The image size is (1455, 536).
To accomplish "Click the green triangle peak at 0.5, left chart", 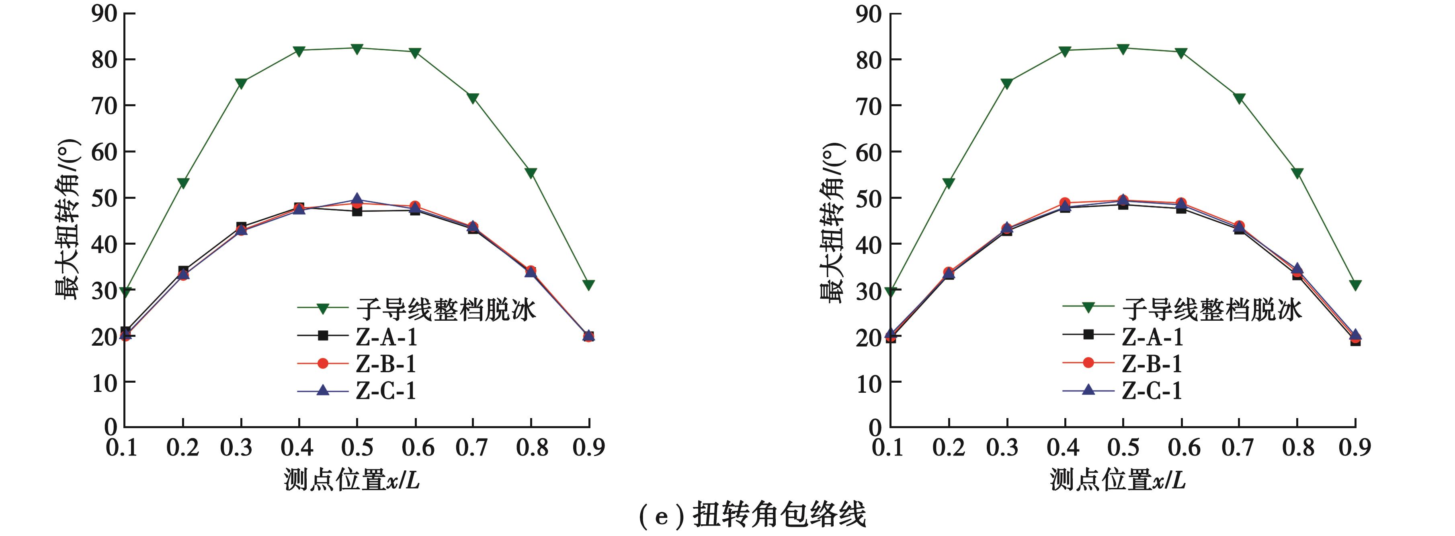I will pos(357,49).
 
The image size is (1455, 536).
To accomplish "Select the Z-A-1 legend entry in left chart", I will pos(386,337).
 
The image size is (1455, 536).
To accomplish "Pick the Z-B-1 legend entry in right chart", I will pos(1152,363).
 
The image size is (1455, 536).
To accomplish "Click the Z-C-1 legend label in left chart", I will pos(386,391).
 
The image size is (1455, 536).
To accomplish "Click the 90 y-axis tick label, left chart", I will pos(105,14).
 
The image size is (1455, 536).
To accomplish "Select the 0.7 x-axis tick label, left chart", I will pos(471,448).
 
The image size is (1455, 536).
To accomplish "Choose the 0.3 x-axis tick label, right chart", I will pos(1002,448).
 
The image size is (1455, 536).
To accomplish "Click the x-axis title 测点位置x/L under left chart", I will pos(352,480).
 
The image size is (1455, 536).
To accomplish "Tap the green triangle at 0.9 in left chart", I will pos(588,285).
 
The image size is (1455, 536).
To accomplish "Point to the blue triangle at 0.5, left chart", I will pos(357,199).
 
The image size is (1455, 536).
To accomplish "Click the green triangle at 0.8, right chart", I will pos(1297,173).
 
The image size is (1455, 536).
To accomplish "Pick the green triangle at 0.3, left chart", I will pos(241,84).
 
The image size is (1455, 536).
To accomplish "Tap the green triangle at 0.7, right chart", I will pos(1239,98).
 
